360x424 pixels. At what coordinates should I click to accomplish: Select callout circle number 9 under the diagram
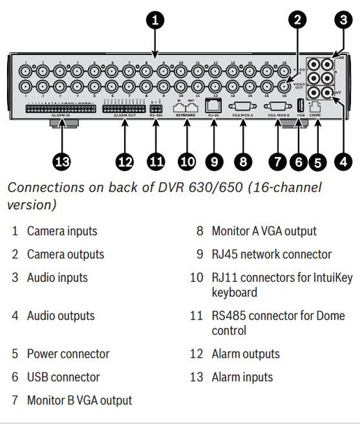click(215, 162)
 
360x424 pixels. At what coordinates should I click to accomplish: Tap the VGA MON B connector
click(278, 106)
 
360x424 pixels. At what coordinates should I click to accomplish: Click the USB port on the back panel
click(301, 106)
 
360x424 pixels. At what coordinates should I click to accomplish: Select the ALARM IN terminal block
click(61, 109)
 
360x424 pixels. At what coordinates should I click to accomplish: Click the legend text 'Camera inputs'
click(62, 230)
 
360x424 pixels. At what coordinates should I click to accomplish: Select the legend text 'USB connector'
click(63, 377)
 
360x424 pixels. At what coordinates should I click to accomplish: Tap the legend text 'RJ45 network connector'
click(271, 255)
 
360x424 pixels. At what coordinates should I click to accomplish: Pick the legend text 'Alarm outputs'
click(246, 354)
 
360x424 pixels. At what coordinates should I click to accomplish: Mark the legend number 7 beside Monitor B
click(14, 400)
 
